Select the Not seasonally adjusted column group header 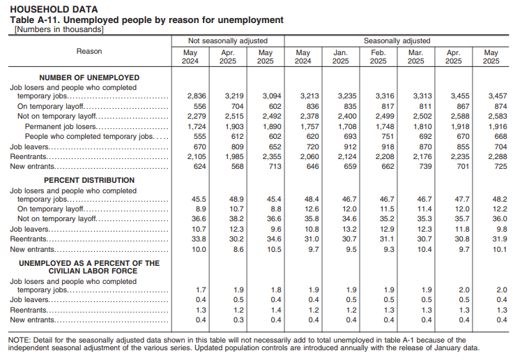coord(228,41)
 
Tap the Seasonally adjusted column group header coord(397,41)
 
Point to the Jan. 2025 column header coord(340,57)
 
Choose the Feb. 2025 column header coord(378,57)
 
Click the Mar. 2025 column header coord(415,57)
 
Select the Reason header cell coord(89,52)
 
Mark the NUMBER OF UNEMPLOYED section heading coord(89,77)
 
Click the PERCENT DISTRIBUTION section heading coord(89,180)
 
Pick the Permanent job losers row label coord(61,127)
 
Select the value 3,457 coord(491,96)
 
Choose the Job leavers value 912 coord(340,148)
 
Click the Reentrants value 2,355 coord(266,158)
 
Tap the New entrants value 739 coord(415,167)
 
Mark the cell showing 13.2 coord(340,229)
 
